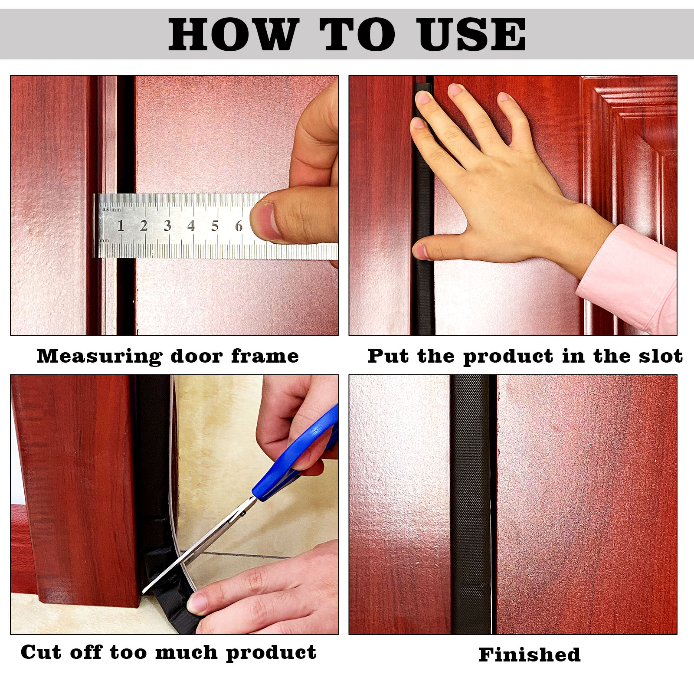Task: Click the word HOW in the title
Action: coord(233,34)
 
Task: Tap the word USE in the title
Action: coord(471,34)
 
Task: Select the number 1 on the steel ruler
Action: coord(121,226)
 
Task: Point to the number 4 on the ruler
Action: coord(191,226)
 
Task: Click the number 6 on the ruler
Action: coord(238,226)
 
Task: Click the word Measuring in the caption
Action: coord(99,357)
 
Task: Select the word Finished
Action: coord(530,655)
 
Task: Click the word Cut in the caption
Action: coord(40,652)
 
